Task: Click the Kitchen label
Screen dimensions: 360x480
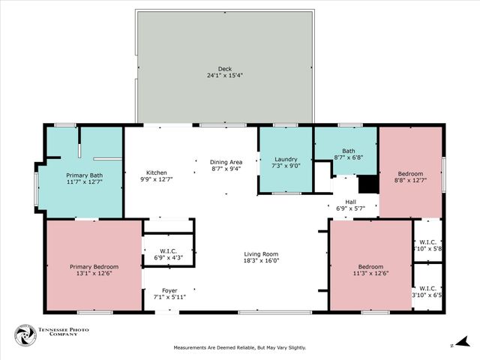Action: [x=156, y=172]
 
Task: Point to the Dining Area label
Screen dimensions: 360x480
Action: [x=226, y=162]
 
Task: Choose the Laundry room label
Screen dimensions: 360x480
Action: [x=286, y=159]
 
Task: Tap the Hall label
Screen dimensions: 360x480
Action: [x=350, y=201]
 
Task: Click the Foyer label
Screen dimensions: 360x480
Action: [x=170, y=290]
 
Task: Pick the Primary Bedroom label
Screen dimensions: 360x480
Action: [x=94, y=267]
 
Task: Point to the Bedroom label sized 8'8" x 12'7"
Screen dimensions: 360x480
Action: [x=410, y=173]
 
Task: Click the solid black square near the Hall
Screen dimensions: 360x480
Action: [x=367, y=184]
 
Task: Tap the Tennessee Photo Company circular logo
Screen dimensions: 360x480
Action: [x=25, y=334]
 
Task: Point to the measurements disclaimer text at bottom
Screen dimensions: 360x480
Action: [x=240, y=347]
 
